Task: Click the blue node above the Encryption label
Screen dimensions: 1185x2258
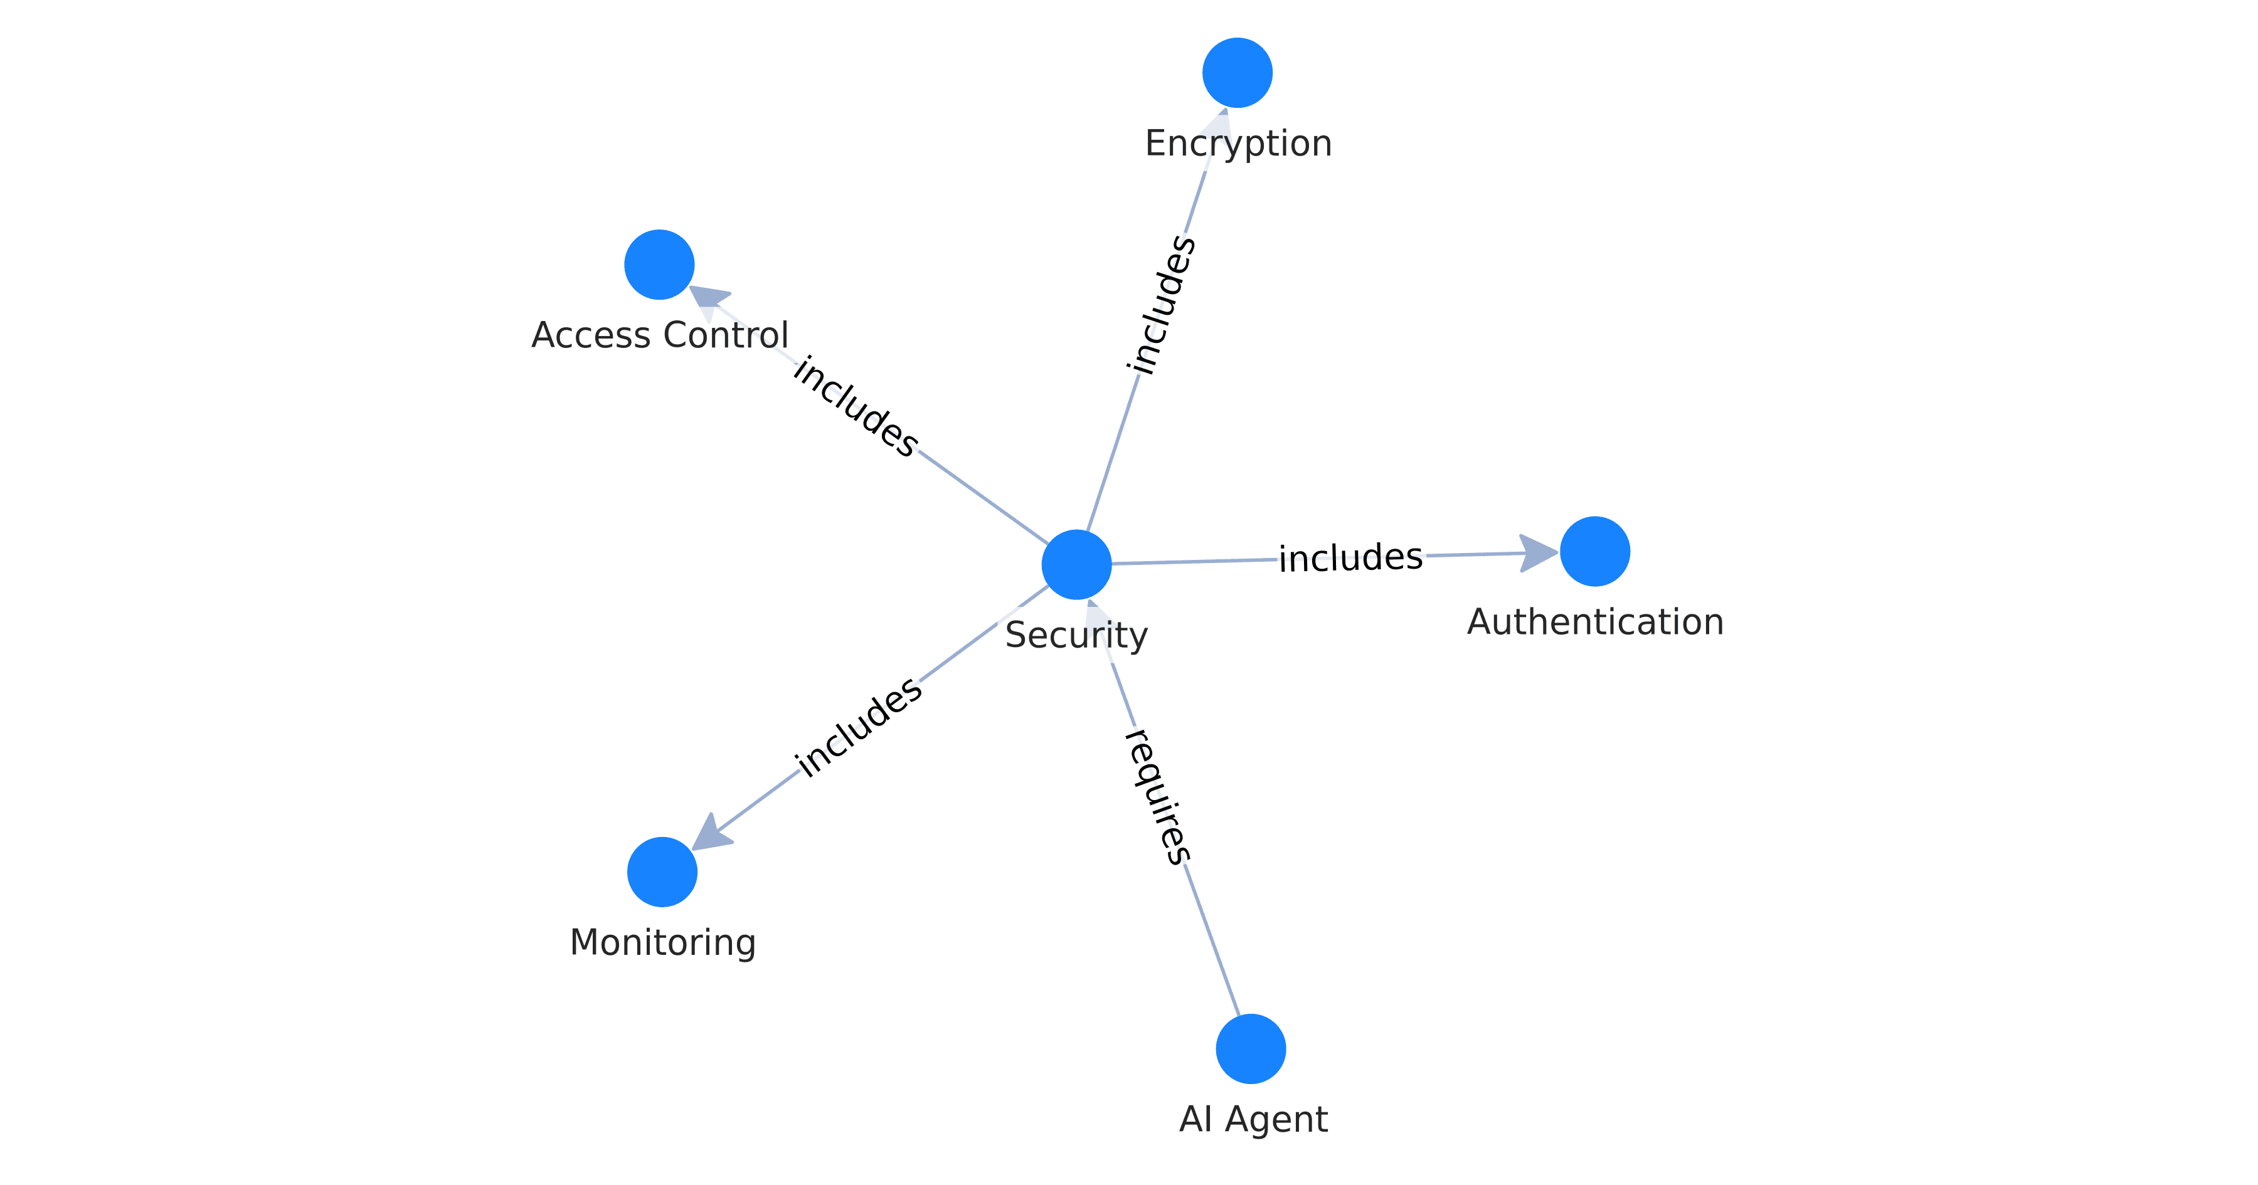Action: [x=1237, y=73]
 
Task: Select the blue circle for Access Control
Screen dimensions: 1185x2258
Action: [x=659, y=265]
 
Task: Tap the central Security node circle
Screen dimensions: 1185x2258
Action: [x=1076, y=564]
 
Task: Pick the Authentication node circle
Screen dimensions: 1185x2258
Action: [x=1594, y=551]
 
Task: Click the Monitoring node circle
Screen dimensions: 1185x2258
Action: [x=662, y=872]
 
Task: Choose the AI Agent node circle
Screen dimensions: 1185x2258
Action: [x=1250, y=1049]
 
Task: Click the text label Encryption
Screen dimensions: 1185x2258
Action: [x=1238, y=143]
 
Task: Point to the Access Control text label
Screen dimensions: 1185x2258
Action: [x=659, y=335]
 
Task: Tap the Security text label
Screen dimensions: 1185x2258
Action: [x=1076, y=635]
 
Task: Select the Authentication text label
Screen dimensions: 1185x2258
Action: [x=1594, y=621]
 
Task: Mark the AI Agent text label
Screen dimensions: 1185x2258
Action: [x=1253, y=1119]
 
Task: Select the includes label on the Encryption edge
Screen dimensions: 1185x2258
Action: [x=1162, y=304]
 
